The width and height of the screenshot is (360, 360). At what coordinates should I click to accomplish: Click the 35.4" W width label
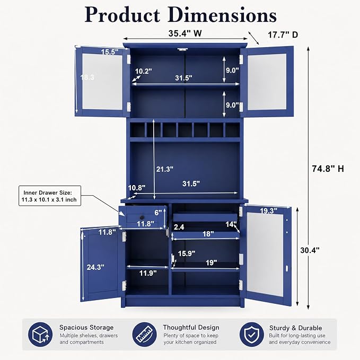[185, 33]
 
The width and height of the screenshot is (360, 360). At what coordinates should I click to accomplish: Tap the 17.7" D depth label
[283, 35]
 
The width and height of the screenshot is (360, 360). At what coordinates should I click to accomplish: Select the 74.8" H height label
[328, 169]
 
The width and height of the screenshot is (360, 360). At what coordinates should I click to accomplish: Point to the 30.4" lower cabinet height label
[310, 250]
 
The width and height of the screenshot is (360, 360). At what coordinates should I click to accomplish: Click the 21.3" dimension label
[164, 169]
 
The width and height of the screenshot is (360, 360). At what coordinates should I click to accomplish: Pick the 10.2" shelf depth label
[144, 71]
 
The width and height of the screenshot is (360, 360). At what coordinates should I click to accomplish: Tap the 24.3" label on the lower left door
[95, 267]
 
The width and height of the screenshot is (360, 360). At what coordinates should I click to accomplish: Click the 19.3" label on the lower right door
[268, 210]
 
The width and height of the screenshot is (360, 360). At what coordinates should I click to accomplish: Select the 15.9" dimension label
[187, 253]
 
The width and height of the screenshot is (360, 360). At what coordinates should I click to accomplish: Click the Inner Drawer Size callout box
[50, 196]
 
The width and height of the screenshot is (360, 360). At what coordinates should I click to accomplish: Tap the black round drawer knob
[142, 217]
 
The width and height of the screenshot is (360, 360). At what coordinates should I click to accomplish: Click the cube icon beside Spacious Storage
[40, 334]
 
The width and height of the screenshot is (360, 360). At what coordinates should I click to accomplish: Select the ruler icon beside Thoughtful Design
[144, 334]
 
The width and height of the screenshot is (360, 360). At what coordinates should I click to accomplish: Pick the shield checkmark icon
[252, 334]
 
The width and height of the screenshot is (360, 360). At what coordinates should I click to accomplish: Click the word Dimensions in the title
[222, 15]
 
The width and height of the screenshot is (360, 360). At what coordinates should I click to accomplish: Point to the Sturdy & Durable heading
[295, 328]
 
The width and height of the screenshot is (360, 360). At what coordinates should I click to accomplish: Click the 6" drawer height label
[158, 213]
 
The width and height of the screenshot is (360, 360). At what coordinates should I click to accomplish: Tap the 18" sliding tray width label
[208, 234]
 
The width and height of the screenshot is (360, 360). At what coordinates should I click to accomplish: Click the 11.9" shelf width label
[148, 273]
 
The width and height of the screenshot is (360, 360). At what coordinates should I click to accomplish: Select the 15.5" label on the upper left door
[110, 52]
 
